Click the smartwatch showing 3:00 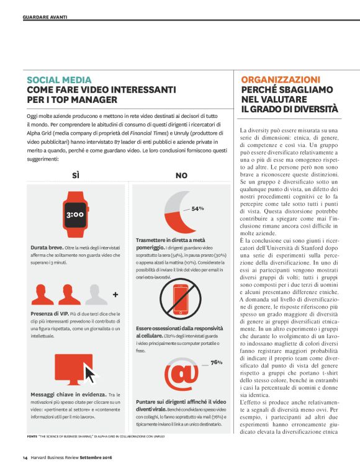pos(75,215)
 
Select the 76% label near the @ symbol pos(217,362)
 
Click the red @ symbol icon pos(182,375)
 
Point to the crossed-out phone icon pos(181,299)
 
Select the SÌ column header pos(76,176)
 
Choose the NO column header pos(181,176)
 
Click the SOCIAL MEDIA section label pos(59,80)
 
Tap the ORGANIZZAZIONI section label pos(281,80)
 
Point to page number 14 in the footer pos(25,458)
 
